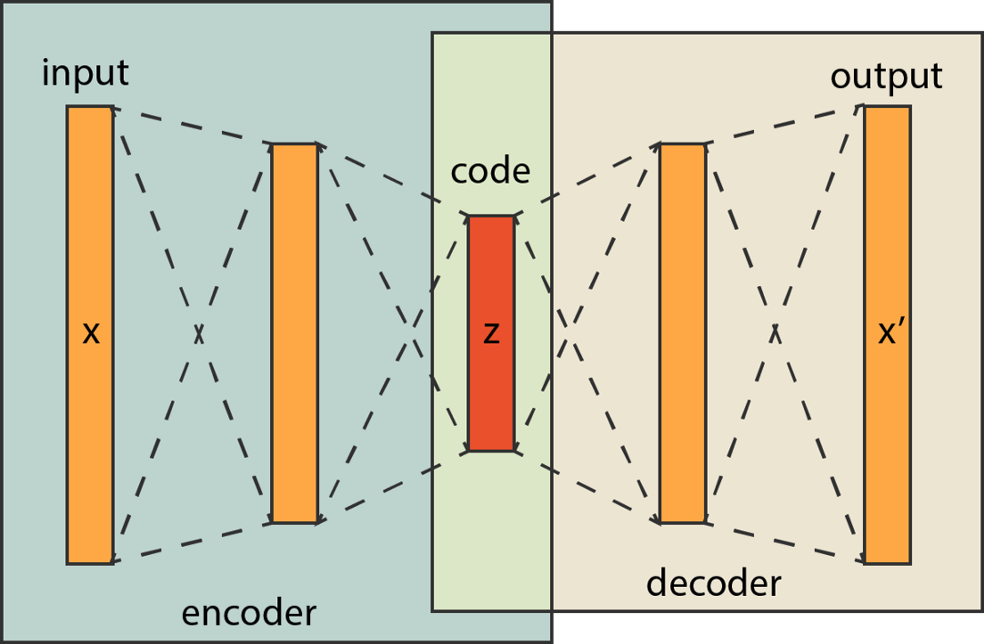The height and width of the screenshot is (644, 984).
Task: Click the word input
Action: (x=85, y=74)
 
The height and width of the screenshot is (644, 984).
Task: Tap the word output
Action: (x=886, y=76)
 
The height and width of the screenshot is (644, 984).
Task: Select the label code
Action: (x=490, y=171)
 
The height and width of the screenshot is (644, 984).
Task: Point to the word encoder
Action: (x=248, y=613)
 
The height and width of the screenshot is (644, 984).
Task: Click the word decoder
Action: (x=713, y=583)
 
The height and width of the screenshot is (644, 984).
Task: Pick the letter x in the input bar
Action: (x=90, y=334)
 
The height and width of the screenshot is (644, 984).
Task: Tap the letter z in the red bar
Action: (x=491, y=334)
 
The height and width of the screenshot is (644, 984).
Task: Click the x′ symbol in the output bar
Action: (x=889, y=333)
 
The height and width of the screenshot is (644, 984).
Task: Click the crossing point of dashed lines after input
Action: (x=199, y=333)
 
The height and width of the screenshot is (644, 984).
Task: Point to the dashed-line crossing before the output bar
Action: (x=774, y=332)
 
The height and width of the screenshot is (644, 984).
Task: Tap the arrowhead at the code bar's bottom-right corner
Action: (x=517, y=448)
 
